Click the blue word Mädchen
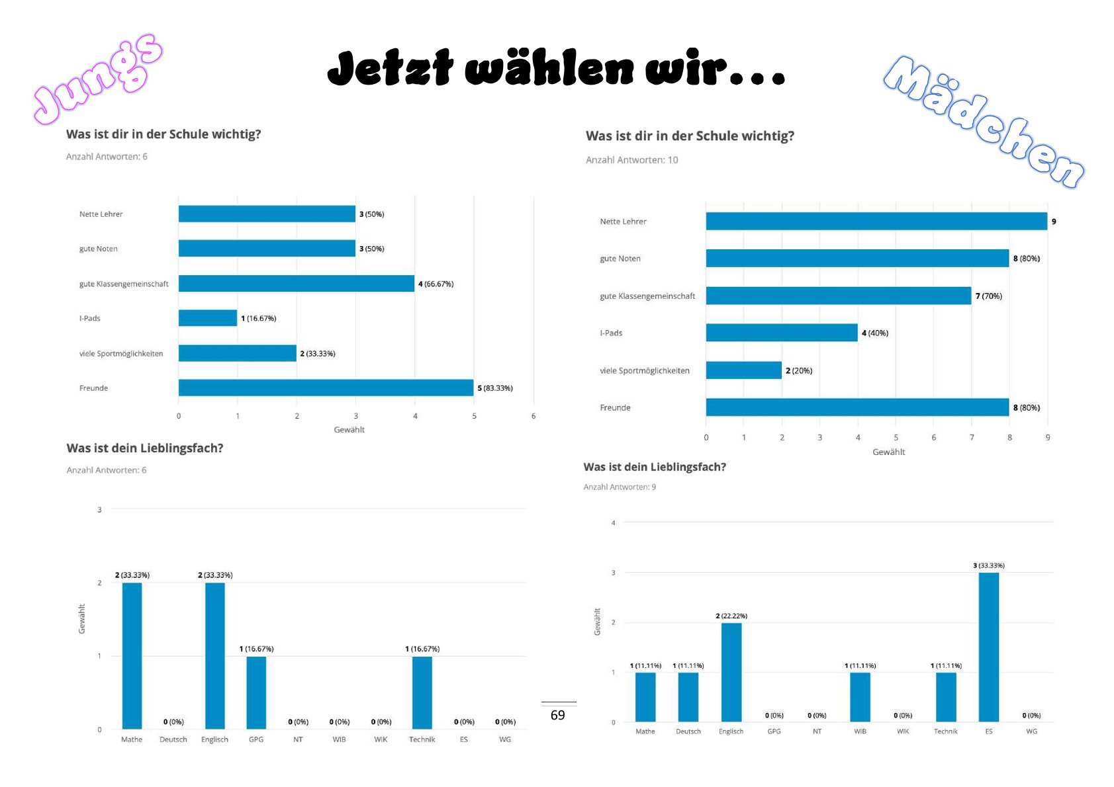click(x=983, y=121)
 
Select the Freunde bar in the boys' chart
click(x=326, y=388)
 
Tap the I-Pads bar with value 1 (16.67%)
click(x=207, y=318)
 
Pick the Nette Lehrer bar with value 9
click(x=876, y=221)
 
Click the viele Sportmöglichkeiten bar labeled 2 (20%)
click(x=743, y=370)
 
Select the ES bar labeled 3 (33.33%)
click(x=988, y=647)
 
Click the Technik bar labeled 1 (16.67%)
click(x=422, y=692)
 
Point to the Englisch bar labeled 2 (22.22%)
click(x=731, y=672)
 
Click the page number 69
click(x=558, y=715)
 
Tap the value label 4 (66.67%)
click(x=436, y=284)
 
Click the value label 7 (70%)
click(x=988, y=296)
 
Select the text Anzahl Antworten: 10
click(x=631, y=160)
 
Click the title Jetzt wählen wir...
click(x=556, y=68)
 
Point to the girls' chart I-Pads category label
click(x=611, y=333)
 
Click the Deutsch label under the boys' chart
click(x=173, y=739)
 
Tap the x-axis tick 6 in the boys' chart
click(x=533, y=416)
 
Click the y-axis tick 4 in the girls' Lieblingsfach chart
click(x=613, y=522)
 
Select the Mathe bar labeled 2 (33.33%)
click(x=132, y=655)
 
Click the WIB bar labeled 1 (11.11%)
click(x=860, y=697)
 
